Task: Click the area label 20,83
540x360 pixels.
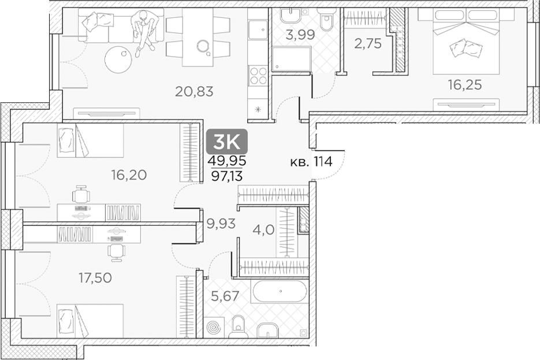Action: point(194,91)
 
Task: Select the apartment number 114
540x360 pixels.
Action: point(323,161)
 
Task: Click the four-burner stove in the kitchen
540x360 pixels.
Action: point(258,75)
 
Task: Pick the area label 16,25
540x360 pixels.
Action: point(464,85)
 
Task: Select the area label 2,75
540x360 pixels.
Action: point(368,43)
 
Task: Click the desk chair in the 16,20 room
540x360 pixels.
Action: point(81,194)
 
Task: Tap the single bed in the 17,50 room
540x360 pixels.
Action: point(90,321)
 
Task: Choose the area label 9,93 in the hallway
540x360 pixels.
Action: point(221,224)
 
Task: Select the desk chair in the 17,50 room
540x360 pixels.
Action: point(118,250)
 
